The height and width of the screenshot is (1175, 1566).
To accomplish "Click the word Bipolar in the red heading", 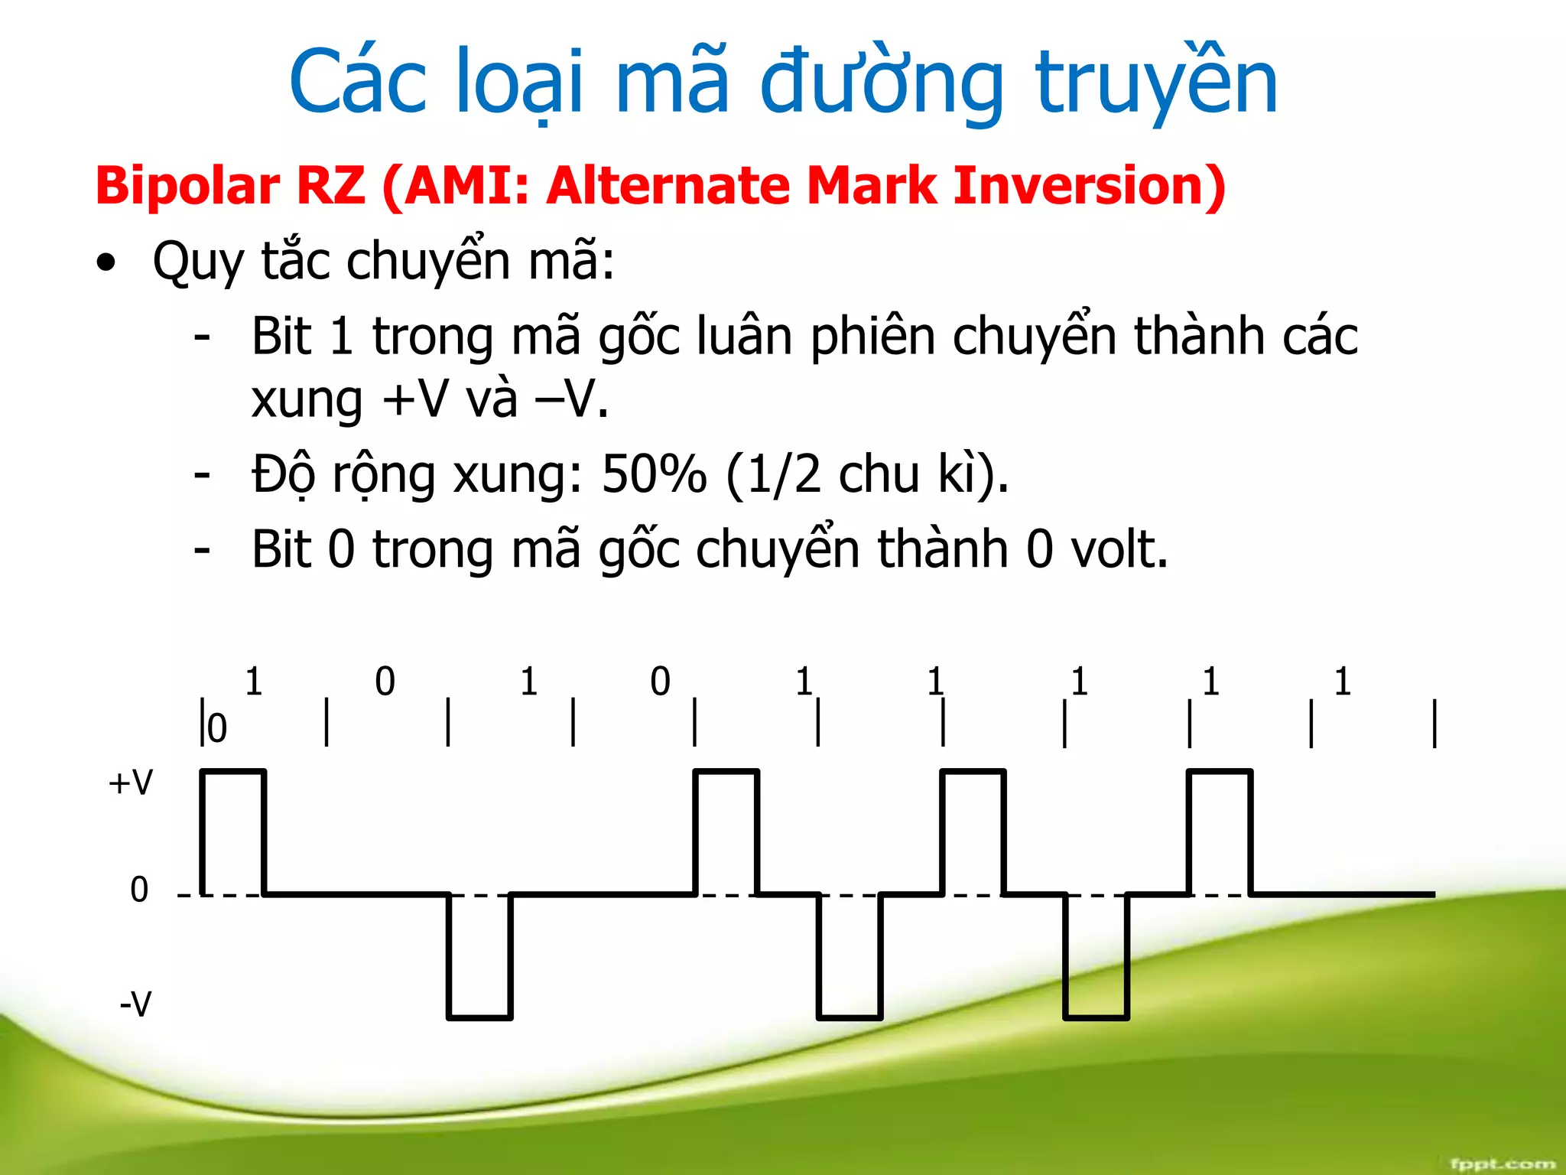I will point(188,187).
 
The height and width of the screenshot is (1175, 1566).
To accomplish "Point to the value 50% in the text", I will point(654,475).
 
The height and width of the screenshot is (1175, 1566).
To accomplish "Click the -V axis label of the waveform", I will point(136,1004).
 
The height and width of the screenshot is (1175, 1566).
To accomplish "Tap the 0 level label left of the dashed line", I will point(139,890).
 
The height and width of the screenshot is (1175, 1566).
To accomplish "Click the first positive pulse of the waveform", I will point(233,830).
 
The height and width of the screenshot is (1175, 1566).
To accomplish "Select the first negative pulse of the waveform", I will point(479,956).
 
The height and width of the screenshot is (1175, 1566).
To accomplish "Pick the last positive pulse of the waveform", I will point(1220,830).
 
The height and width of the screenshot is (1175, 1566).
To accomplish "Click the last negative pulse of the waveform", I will point(1096,956).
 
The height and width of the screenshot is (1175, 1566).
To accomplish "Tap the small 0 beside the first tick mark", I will point(218,728).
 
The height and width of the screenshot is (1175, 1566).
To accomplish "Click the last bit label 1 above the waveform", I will point(1343,682).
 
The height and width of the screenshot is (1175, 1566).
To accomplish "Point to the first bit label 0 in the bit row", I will point(385,682).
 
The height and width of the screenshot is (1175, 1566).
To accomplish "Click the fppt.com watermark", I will point(1502,1164).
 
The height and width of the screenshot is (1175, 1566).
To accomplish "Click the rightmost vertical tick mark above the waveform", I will point(1434,723).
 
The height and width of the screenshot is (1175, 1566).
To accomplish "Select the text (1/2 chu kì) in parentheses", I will point(866,475).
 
